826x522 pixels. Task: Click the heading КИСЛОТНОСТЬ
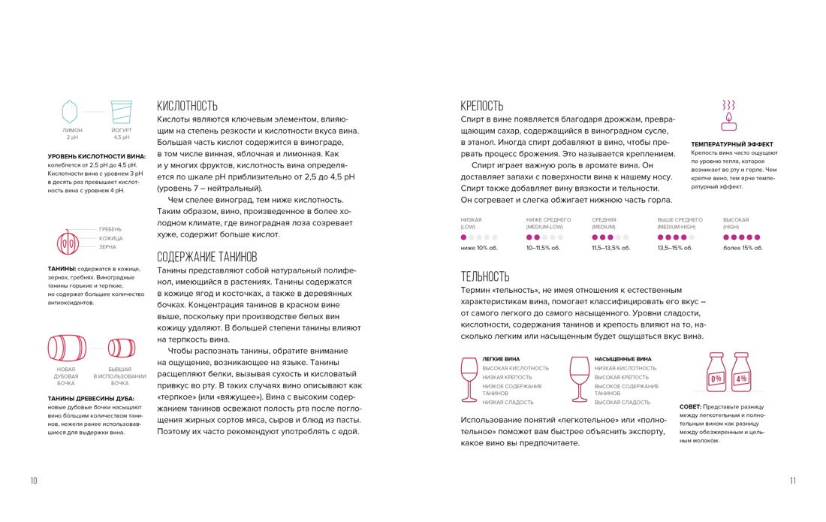[x=187, y=106]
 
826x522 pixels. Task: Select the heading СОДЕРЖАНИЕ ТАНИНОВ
[x=206, y=255]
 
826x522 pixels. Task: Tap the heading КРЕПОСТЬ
[x=481, y=106]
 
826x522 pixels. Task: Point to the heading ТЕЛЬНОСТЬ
[x=484, y=276]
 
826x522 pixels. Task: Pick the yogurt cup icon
[x=121, y=112]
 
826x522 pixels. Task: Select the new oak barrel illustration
[x=66, y=348]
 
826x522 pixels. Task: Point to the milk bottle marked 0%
[x=716, y=373]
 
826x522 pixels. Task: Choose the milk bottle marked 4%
[x=741, y=373]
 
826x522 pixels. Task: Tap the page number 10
[x=34, y=481]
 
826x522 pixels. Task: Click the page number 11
[x=792, y=481]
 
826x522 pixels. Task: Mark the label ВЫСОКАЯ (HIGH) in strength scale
[x=736, y=223]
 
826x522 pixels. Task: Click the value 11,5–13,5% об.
[x=610, y=248]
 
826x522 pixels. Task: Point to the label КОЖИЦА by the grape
[x=110, y=238]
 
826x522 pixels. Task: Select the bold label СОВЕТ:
[x=690, y=407]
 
